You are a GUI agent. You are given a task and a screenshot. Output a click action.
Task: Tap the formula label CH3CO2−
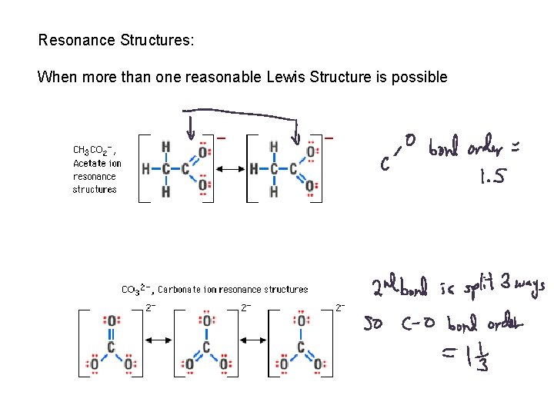93,149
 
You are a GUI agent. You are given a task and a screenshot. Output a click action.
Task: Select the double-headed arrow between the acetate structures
229,168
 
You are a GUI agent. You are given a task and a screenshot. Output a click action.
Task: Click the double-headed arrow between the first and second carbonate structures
159,340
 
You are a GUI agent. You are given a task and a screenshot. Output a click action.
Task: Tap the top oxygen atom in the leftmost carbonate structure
112,320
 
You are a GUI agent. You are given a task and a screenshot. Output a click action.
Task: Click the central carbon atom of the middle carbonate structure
206,347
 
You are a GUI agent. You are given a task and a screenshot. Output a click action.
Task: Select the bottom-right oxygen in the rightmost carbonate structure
318,363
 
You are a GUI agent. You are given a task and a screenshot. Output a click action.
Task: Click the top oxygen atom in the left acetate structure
202,152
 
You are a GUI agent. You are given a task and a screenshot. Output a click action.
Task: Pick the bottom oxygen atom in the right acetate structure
311,185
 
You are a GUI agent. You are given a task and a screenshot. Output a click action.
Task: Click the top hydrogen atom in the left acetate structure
166,147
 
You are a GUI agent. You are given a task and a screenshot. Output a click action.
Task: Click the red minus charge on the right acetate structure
329,138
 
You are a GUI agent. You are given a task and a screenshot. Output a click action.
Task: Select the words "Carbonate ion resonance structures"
232,290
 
